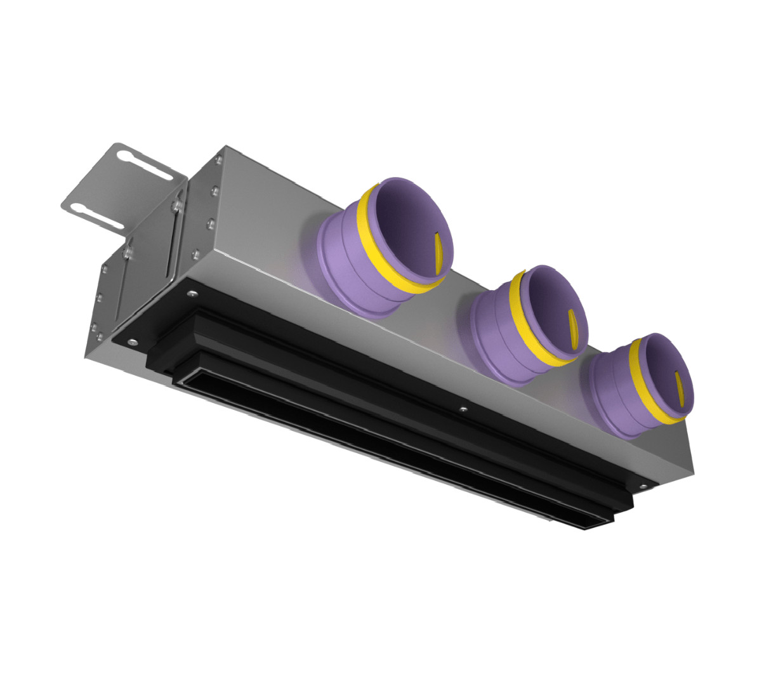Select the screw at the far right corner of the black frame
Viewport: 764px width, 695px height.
(643, 486)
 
